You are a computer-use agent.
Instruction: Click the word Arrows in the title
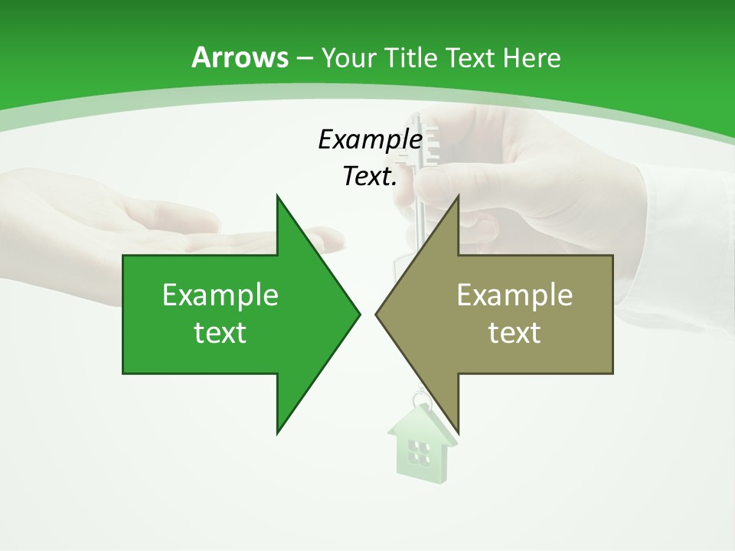coord(240,57)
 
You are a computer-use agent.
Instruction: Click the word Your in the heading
coord(348,57)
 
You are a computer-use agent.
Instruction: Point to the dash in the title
coord(305,58)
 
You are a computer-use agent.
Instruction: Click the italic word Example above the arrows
coord(370,139)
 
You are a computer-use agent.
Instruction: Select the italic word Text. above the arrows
coord(370,176)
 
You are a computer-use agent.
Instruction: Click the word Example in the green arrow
coord(220,295)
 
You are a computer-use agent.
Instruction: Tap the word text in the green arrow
coord(220,332)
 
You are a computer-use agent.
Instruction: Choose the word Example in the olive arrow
coord(514,295)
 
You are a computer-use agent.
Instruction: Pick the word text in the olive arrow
coord(514,332)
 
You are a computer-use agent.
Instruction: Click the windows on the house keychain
coord(418,452)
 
